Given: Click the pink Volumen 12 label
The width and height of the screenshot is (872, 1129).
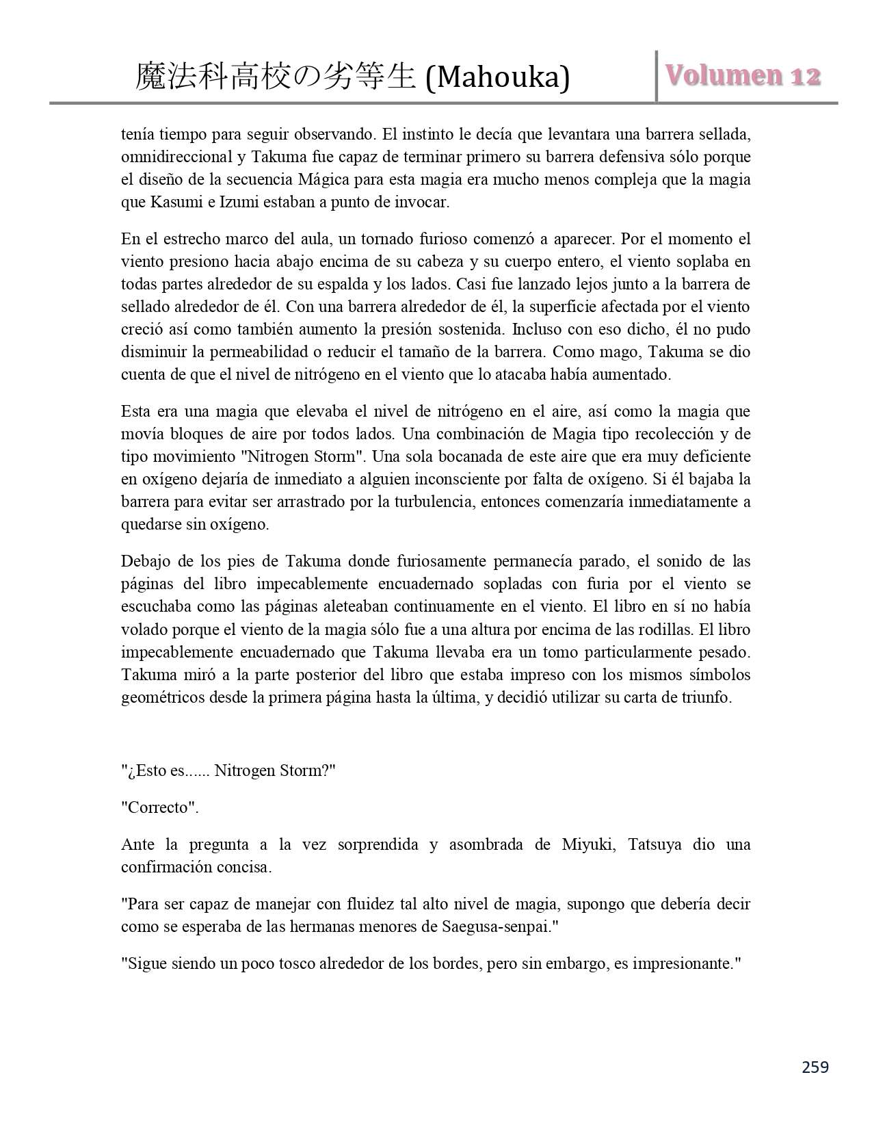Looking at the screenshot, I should (743, 75).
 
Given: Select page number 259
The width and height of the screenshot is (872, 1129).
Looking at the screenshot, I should (815, 1067).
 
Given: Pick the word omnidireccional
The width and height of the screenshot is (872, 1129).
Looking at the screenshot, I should (176, 157).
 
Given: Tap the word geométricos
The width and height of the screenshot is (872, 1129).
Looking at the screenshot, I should (161, 697).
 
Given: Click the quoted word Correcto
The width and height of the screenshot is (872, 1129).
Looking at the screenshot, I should (159, 807).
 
